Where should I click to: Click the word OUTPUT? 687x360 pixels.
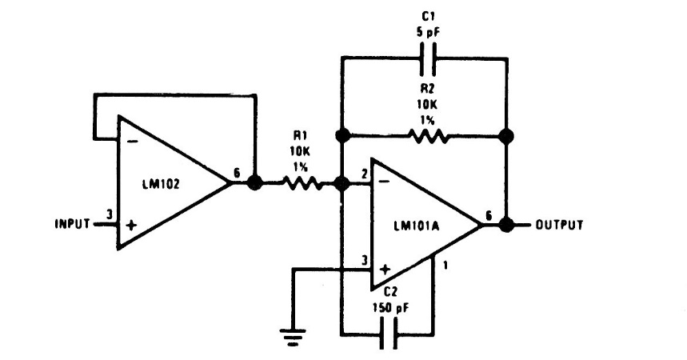tap(559, 224)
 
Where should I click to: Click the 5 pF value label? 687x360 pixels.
tap(425, 34)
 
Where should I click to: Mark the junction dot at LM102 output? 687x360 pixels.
tap(254, 183)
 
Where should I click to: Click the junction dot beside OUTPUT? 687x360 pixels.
tap(505, 224)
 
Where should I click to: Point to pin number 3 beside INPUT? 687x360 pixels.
tap(108, 214)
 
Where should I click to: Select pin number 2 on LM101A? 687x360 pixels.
tap(364, 174)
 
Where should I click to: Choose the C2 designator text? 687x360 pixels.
tap(390, 293)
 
